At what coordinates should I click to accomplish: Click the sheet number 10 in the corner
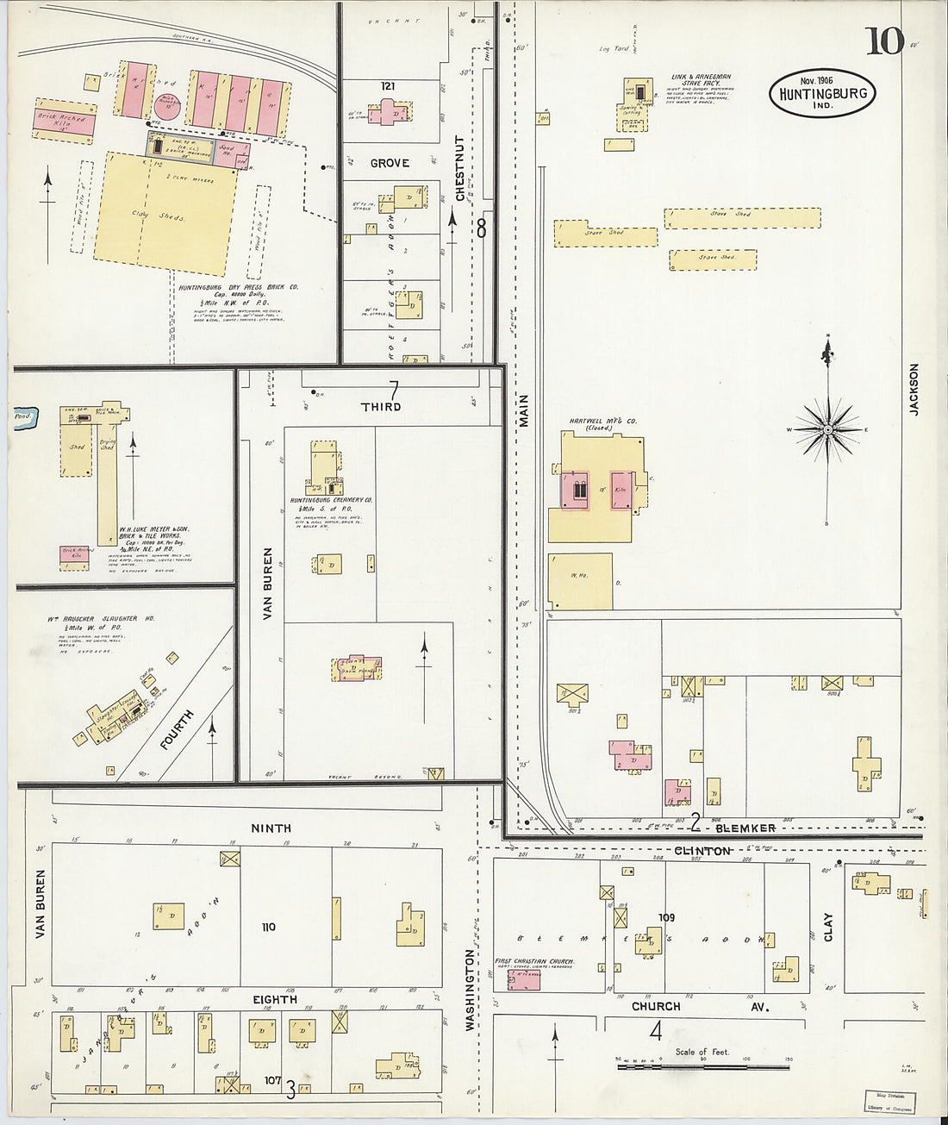884,41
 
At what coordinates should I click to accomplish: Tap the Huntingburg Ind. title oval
822,93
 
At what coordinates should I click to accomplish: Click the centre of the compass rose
827,428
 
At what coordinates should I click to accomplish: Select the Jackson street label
914,389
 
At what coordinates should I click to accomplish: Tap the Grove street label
390,163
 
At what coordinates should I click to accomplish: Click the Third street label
381,406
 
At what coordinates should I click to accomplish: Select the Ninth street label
271,828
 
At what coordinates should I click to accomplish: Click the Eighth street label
275,999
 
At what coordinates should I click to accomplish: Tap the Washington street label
471,990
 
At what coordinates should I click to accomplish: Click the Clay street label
828,927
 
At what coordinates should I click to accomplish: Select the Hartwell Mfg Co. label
602,422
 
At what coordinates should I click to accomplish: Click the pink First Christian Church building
524,978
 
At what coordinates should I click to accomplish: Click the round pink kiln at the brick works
168,105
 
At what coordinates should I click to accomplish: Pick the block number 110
269,927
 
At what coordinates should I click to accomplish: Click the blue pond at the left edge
23,416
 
